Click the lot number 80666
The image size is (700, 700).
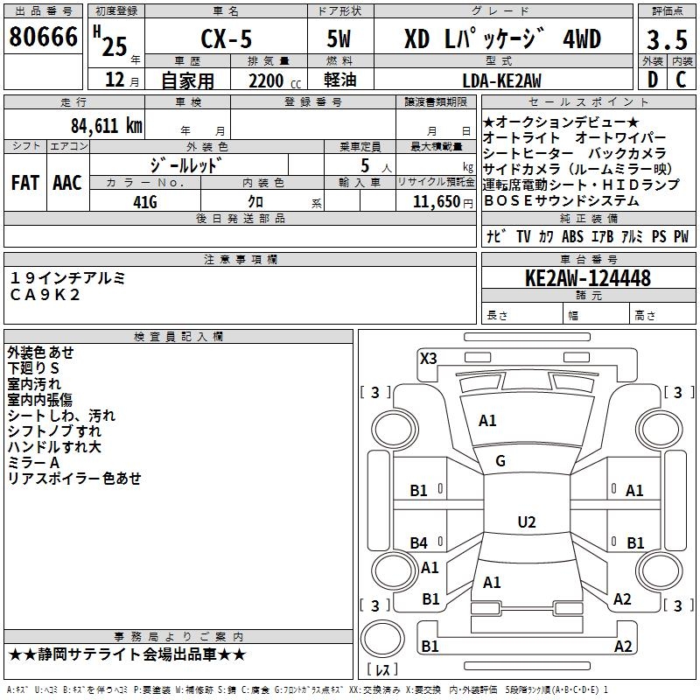pyautogui.click(x=43, y=37)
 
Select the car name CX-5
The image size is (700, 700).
pyautogui.click(x=227, y=38)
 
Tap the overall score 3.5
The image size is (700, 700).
pyautogui.click(x=667, y=39)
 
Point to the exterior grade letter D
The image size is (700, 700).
pyautogui.click(x=653, y=80)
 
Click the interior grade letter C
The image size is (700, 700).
pyautogui.click(x=681, y=80)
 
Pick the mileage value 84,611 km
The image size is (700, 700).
pyautogui.click(x=107, y=126)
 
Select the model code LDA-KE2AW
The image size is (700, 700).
pyautogui.click(x=501, y=80)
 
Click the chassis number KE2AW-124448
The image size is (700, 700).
pyautogui.click(x=588, y=278)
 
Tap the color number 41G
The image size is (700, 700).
pyautogui.click(x=145, y=202)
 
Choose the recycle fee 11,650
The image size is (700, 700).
pyautogui.click(x=436, y=202)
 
